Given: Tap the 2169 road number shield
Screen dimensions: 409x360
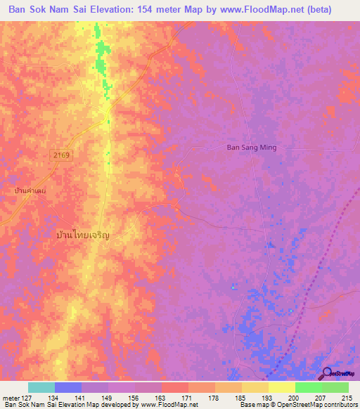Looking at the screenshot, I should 60,155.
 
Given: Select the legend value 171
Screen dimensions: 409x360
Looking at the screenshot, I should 188,397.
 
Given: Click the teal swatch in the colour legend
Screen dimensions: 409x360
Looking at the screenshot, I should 41,387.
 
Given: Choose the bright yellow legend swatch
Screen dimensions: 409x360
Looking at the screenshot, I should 281,387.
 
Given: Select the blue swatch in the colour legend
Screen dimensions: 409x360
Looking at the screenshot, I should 68,387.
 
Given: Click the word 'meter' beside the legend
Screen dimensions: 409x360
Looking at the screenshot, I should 10,397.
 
